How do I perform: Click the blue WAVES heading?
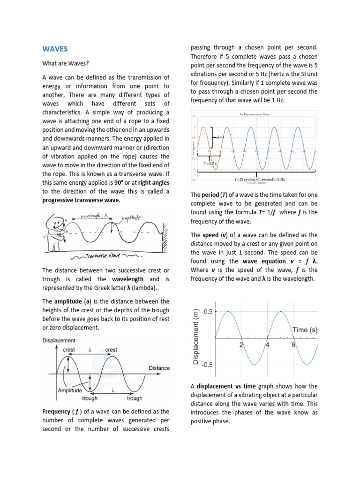click(x=55, y=49)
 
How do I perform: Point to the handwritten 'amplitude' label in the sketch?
click(x=133, y=218)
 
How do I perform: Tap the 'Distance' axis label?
click(x=159, y=368)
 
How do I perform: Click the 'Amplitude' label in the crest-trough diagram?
click(x=69, y=390)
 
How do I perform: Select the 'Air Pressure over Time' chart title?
click(x=254, y=114)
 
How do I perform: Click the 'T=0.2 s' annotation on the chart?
click(x=210, y=164)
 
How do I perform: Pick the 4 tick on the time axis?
click(x=268, y=345)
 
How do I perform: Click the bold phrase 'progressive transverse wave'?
click(x=81, y=201)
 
